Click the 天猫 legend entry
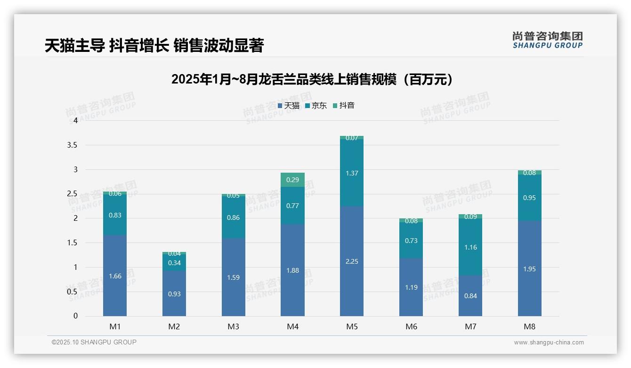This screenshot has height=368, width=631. (289, 106)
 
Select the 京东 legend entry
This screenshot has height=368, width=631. (316, 106)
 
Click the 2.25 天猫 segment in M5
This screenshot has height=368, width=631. (352, 261)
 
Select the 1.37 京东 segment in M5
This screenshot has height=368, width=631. (352, 173)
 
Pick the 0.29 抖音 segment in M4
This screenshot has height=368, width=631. (292, 180)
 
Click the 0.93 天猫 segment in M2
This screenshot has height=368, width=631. (174, 293)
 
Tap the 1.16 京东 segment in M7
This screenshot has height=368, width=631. (470, 247)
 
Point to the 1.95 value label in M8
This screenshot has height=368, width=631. (530, 269)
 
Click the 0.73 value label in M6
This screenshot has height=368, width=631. (411, 241)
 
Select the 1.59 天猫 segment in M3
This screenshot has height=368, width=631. (234, 277)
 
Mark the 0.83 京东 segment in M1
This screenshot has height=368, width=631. (115, 215)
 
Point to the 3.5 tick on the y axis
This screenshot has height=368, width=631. (72, 145)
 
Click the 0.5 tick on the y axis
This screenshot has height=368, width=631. (72, 292)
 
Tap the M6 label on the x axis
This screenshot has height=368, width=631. (411, 326)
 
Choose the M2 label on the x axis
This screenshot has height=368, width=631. (174, 326)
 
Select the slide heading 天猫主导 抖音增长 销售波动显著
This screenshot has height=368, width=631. (154, 45)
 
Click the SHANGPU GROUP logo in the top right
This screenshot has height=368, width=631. (547, 40)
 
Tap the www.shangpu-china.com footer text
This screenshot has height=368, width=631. (549, 343)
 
